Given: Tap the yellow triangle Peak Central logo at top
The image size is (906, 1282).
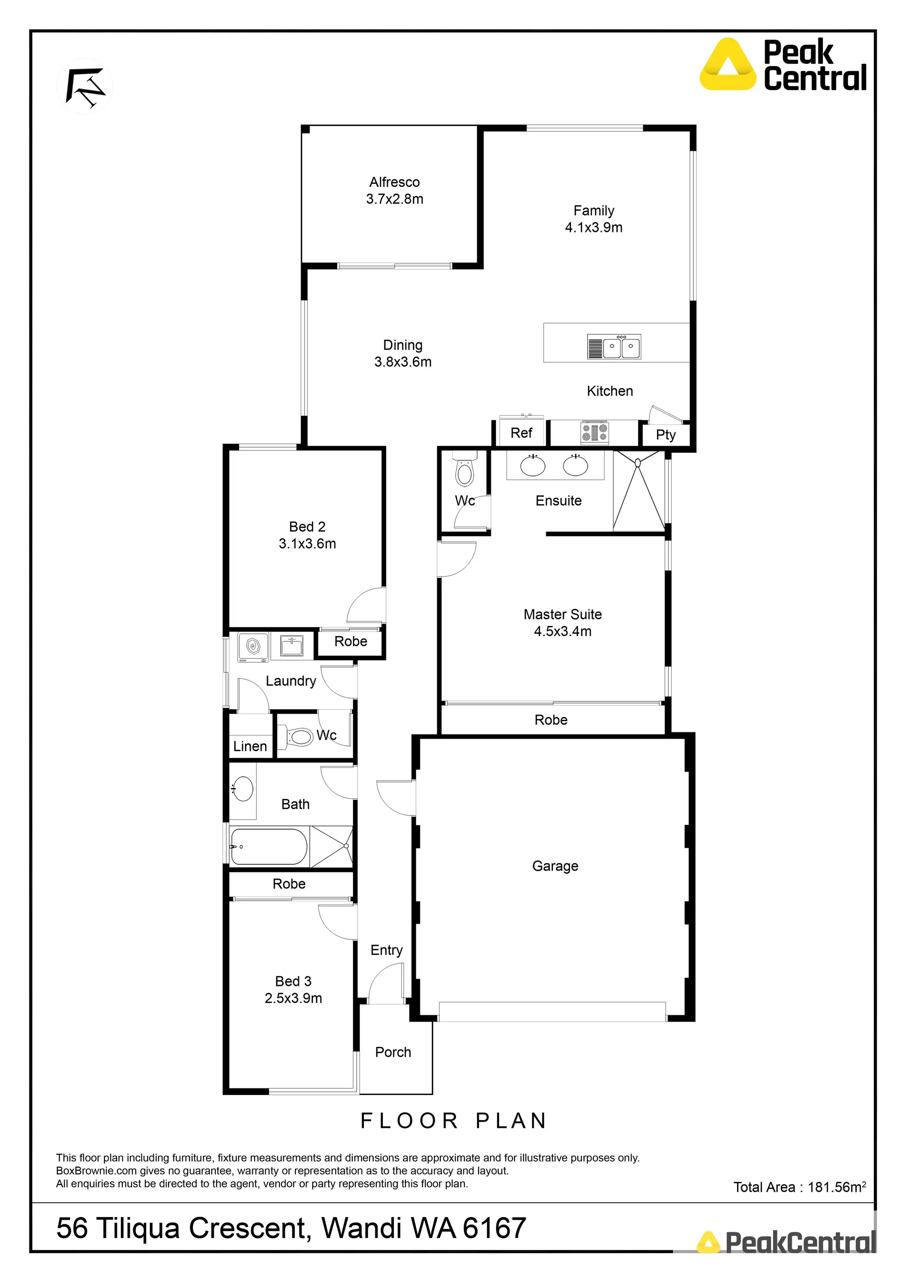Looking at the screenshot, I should coord(728,65).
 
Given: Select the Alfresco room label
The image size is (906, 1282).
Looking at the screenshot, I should coord(395,182).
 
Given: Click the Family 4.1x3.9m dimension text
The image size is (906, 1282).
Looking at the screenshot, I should coord(594,227).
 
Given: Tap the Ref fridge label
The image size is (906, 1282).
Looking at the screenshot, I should coord(521,433).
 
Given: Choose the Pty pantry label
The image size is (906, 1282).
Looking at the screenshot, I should coord(665,435).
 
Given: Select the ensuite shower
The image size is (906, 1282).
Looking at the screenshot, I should coord(638,491).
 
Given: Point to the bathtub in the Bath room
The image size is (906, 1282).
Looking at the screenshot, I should coord(269,847).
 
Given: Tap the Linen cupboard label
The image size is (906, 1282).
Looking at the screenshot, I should coord(250,746).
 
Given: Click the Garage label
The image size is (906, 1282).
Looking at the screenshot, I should coord(555,866).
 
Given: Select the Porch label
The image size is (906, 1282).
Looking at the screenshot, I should coord(393,1052).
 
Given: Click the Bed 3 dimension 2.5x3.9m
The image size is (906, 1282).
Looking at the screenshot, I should coord(294,998).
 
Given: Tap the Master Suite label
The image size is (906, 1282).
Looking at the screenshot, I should coord(562,614).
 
